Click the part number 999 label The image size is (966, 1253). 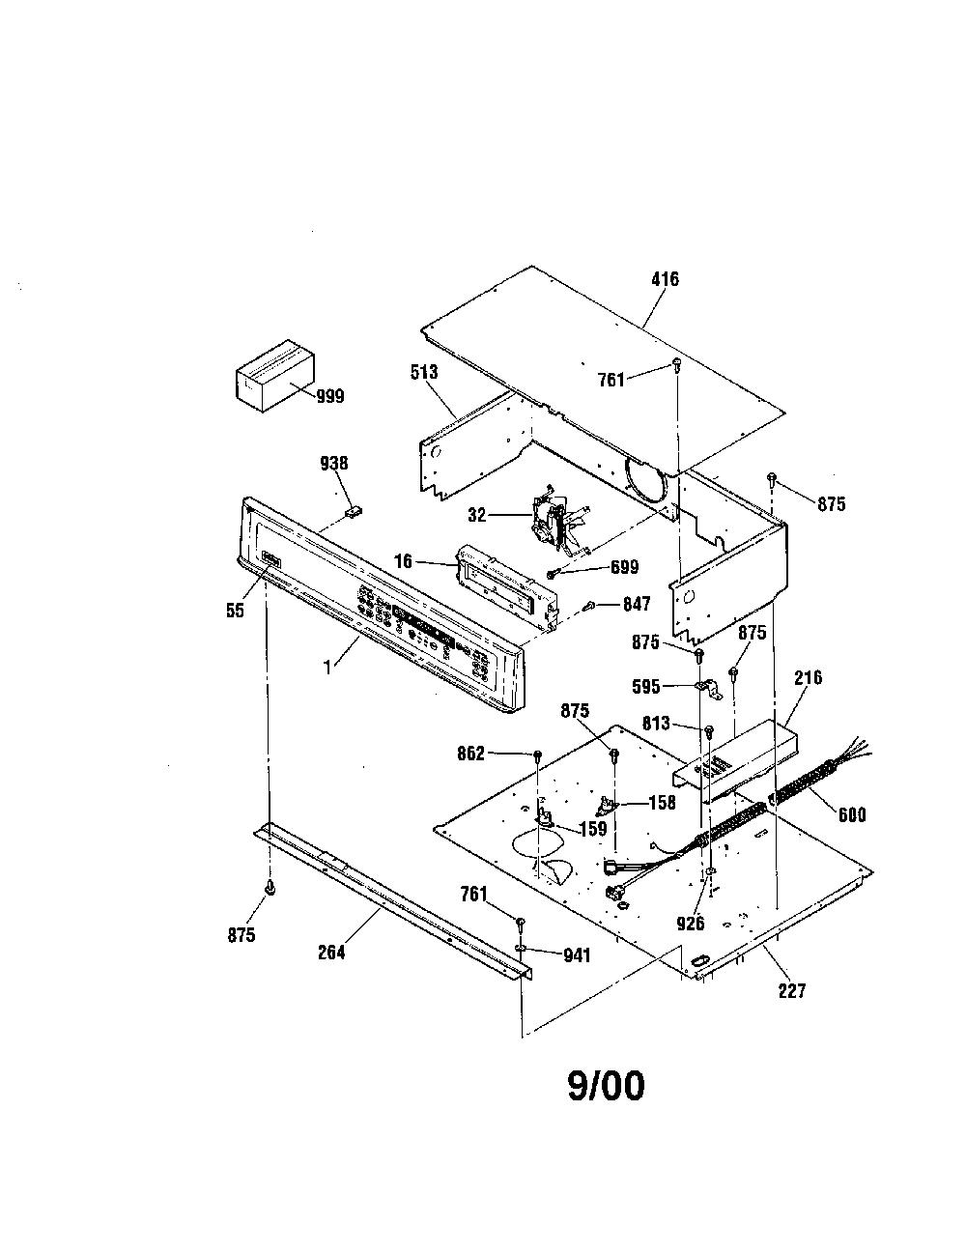click(330, 397)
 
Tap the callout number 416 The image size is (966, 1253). click(666, 279)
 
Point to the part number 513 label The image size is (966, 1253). click(424, 372)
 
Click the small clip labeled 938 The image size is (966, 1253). click(354, 510)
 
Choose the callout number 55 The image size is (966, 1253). click(235, 610)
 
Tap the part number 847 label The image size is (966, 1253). click(637, 604)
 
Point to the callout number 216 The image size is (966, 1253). click(809, 677)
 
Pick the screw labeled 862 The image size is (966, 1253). click(537, 755)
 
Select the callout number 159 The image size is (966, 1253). click(593, 829)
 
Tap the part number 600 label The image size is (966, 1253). click(852, 814)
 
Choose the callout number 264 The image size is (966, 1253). click(331, 952)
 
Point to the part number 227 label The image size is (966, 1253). click(792, 990)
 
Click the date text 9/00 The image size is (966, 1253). click(606, 1087)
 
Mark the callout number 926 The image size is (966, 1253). click(691, 924)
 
